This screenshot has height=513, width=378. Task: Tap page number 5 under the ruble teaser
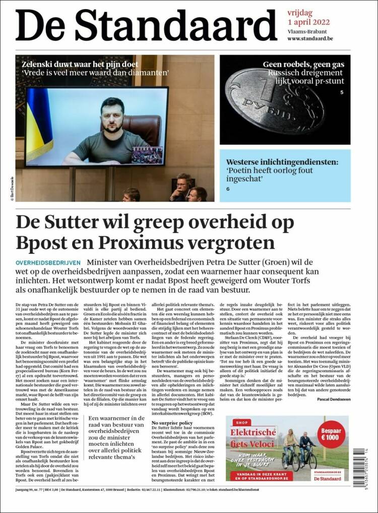point(341,92)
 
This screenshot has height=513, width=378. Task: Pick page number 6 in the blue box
point(228,188)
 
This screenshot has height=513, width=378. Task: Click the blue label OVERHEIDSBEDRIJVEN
point(48,263)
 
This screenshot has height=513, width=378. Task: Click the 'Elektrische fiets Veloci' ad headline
point(253,438)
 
